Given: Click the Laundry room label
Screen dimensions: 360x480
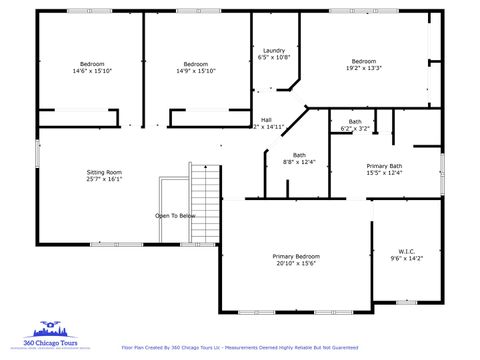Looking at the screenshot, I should pyautogui.click(x=274, y=50).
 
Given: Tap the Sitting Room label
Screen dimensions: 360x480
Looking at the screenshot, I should pyautogui.click(x=104, y=173).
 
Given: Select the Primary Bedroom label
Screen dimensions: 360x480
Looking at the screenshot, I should pyautogui.click(x=296, y=256).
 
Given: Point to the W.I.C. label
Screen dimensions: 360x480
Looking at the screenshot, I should pyautogui.click(x=406, y=251).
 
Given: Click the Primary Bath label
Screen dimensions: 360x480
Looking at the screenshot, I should pyautogui.click(x=384, y=166).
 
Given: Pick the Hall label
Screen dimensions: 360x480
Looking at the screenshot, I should pyautogui.click(x=266, y=120).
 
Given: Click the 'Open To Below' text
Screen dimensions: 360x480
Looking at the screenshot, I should pyautogui.click(x=175, y=216).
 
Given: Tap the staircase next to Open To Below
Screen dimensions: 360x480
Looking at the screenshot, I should pyautogui.click(x=204, y=205).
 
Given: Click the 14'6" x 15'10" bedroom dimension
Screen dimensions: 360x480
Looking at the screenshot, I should pyautogui.click(x=92, y=71).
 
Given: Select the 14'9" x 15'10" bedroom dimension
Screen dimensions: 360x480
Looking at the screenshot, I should pyautogui.click(x=196, y=71).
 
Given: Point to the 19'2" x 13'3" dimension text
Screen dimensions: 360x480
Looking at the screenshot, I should pyautogui.click(x=363, y=68).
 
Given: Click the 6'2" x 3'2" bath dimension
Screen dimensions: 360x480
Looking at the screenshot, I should pyautogui.click(x=355, y=128).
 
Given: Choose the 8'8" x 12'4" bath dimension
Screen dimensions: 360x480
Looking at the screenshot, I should pyautogui.click(x=299, y=162).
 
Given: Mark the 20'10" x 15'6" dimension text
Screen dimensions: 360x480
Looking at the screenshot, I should pyautogui.click(x=296, y=263).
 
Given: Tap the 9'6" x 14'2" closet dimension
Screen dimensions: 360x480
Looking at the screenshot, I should pyautogui.click(x=406, y=258).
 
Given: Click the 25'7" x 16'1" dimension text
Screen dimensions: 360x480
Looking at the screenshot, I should pyautogui.click(x=104, y=180).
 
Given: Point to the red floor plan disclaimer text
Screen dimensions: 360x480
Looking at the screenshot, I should pyautogui.click(x=239, y=347).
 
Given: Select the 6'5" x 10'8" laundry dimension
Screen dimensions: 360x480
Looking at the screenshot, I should pyautogui.click(x=274, y=57).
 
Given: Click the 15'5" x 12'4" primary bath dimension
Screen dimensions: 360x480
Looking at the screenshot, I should pyautogui.click(x=384, y=173).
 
